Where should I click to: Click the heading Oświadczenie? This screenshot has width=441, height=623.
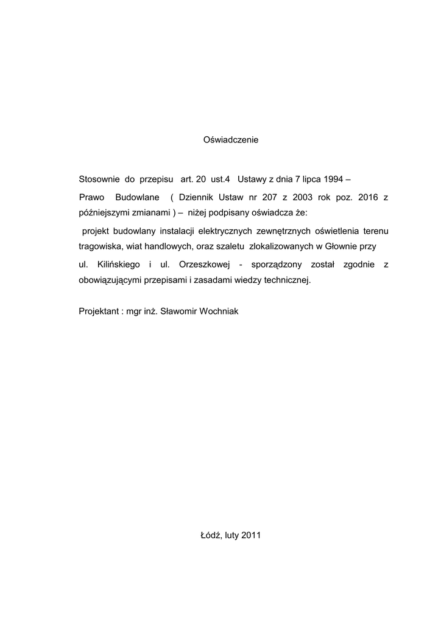[x=230, y=140]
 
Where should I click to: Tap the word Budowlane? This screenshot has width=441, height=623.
[x=138, y=198]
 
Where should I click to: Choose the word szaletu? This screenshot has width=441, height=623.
[x=231, y=247]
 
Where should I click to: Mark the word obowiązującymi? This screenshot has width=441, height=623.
[x=113, y=280]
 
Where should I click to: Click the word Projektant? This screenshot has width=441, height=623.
[x=99, y=311]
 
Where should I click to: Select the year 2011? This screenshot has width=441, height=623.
[x=251, y=535]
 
